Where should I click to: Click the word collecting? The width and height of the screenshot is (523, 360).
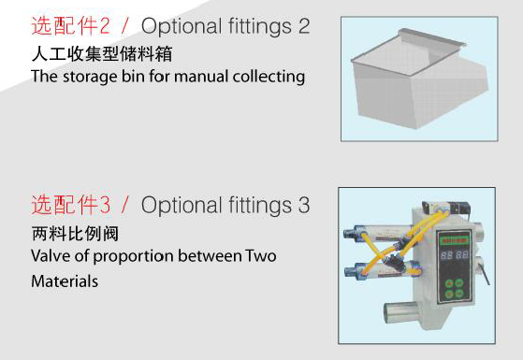coord(271,77)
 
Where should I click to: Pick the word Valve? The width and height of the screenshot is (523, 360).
coord(50,255)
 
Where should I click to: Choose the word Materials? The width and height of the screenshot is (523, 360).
coord(64,280)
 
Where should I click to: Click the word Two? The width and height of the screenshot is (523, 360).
coord(260,255)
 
